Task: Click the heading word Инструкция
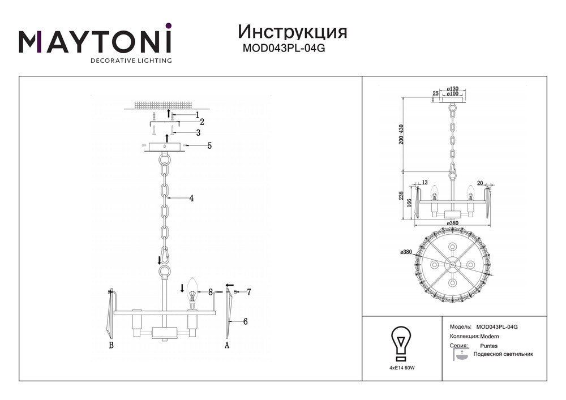pos(293,31)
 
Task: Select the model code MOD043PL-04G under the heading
pos(284,49)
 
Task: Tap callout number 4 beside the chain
pos(192,199)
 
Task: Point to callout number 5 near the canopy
pos(209,146)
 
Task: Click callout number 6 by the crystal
pos(245,321)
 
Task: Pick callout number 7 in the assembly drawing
pos(248,292)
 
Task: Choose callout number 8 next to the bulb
pos(210,293)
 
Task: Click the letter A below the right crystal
pos(227,345)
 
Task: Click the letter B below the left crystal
pos(111,345)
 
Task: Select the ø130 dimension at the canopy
pos(452,89)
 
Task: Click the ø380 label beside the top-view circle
pos(405,252)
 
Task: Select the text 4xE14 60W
pos(401,367)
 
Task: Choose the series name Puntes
pos(488,345)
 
